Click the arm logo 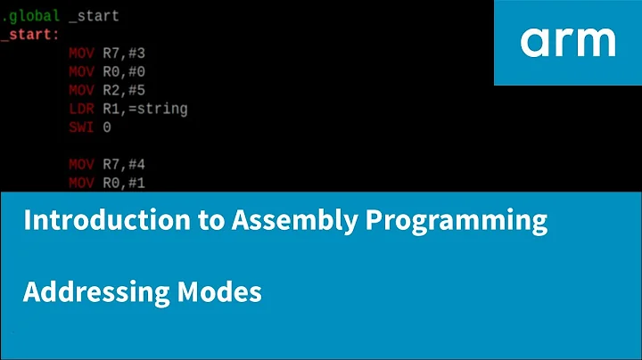coord(568,41)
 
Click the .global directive coord(30,16)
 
